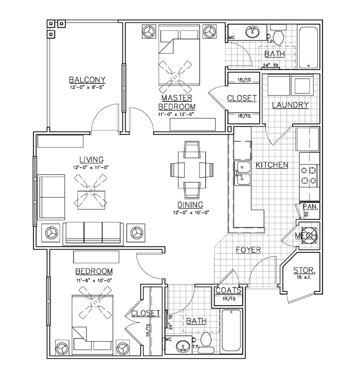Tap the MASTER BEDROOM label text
click(x=176, y=102)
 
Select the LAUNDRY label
click(x=290, y=105)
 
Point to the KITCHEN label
click(x=272, y=165)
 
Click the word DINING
click(x=187, y=204)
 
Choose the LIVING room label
click(x=91, y=159)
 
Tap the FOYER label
click(x=248, y=250)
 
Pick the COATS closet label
click(x=229, y=291)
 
